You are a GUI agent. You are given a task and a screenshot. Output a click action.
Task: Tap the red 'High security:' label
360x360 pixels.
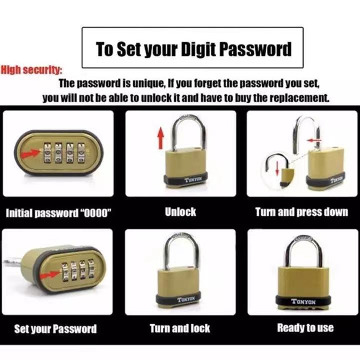point(32,70)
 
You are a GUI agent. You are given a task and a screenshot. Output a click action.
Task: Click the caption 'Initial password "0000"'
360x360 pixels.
point(58,213)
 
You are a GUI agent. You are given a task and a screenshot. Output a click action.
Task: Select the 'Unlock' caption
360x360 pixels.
point(180,212)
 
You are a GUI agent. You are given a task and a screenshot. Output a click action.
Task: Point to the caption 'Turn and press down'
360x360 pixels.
point(302,212)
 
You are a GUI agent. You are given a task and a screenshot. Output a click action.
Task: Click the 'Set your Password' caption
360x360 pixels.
point(55,329)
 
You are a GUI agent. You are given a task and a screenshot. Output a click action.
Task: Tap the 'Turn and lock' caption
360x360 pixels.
point(180,328)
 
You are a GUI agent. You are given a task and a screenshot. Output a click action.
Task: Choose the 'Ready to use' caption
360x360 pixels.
point(305,328)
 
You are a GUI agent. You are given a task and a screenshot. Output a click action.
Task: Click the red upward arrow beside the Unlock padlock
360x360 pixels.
point(161,138)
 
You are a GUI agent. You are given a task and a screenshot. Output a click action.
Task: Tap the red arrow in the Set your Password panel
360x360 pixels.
point(49,275)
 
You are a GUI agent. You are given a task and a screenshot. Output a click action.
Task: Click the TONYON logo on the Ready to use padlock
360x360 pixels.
point(303,301)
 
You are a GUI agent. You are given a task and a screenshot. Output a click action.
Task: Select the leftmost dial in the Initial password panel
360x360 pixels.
point(47,153)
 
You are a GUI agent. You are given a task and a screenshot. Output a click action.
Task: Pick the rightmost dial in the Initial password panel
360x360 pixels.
point(81,153)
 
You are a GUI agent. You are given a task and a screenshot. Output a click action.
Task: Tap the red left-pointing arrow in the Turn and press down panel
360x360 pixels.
point(313,140)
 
